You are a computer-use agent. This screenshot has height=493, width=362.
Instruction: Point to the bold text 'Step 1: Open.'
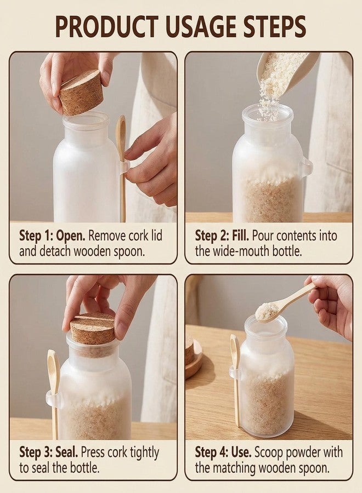[x=52, y=236]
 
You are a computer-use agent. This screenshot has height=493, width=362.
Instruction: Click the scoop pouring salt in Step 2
[x=284, y=72]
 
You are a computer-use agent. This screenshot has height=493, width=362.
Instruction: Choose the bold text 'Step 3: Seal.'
[x=48, y=452]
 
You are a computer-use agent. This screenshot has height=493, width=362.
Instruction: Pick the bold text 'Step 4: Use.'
[x=223, y=452]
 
